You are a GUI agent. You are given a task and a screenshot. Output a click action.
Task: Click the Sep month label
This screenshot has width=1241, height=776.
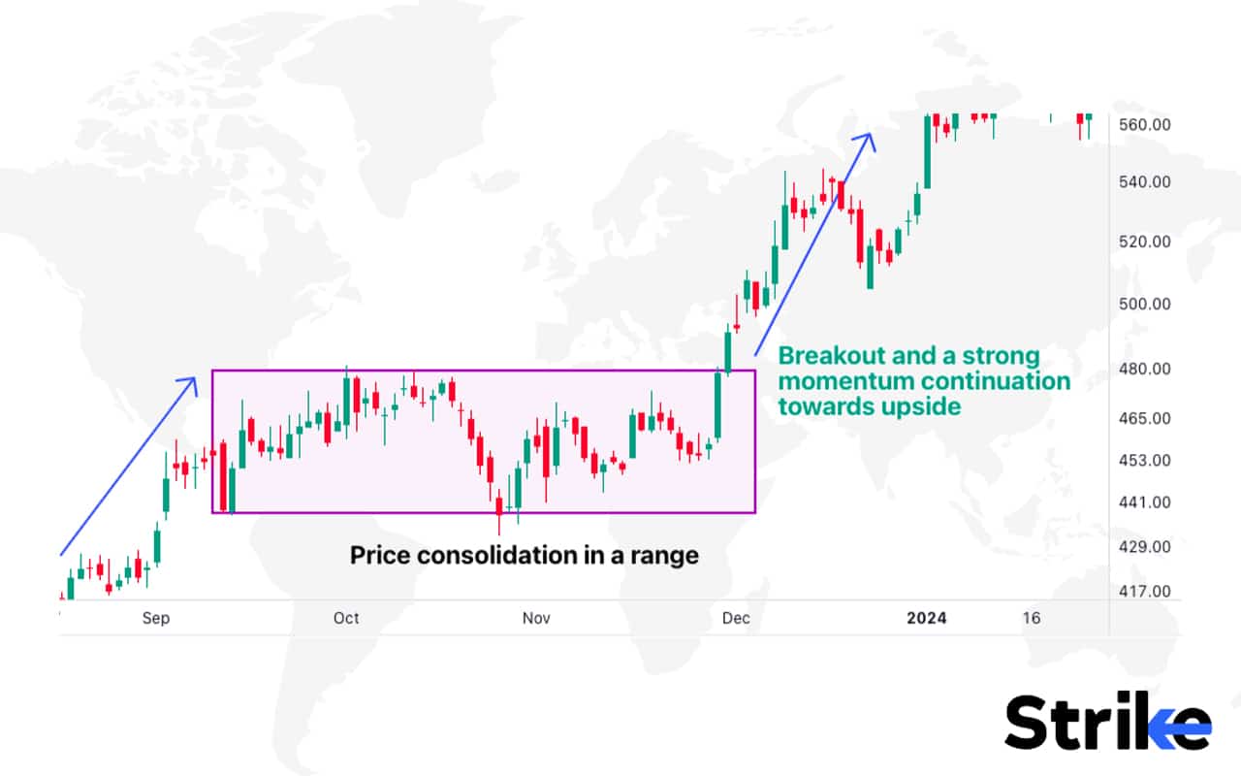(155, 619)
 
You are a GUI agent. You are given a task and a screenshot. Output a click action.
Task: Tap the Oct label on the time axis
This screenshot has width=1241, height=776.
(346, 619)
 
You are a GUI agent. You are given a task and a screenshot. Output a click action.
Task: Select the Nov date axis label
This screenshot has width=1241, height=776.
(536, 619)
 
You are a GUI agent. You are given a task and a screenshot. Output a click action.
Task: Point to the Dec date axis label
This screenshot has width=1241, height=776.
(735, 619)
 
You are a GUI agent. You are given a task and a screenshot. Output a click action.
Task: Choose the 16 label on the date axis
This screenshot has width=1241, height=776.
(1032, 619)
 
